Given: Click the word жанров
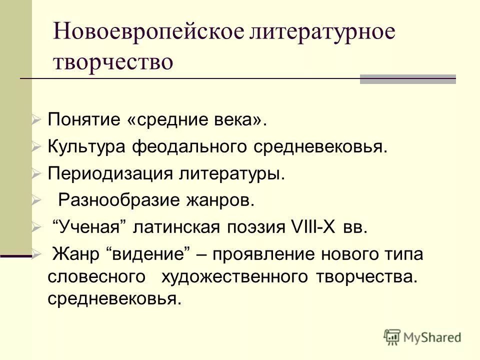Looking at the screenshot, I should point(222,200).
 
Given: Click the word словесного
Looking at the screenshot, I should point(97,277).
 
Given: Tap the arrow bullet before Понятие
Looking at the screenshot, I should point(36,120).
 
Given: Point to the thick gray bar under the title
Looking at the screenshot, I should point(408,79).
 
